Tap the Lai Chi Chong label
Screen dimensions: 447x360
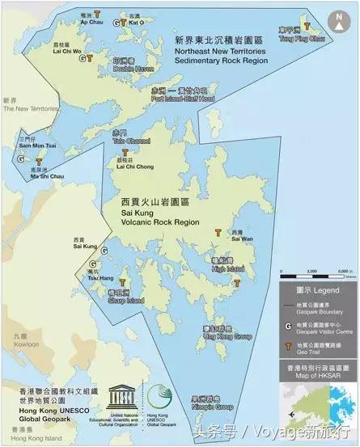pos(134,167)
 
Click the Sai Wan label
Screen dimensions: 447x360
pos(240,237)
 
